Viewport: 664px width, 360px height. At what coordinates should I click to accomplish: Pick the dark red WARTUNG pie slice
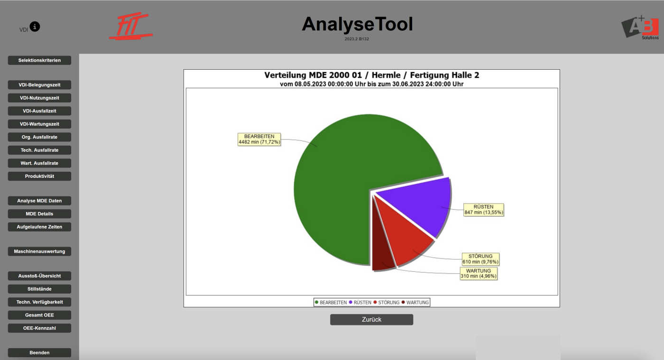click(381, 252)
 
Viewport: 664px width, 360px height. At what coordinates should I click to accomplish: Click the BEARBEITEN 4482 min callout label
click(259, 139)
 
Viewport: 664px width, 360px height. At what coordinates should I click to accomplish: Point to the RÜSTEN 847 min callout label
click(483, 209)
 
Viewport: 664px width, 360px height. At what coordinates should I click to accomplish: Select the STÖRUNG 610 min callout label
click(480, 259)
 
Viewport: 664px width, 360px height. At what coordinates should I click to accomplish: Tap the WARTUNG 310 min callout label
click(479, 273)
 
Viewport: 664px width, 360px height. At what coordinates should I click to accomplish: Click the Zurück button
click(371, 319)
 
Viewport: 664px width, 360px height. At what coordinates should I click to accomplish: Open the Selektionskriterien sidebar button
click(39, 60)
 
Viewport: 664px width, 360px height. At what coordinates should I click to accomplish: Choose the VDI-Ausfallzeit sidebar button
click(39, 111)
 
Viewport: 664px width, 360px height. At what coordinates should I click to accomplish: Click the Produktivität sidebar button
click(39, 176)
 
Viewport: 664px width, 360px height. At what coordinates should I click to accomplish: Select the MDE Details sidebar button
click(39, 214)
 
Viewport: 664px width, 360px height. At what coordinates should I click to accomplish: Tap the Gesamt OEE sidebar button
click(39, 315)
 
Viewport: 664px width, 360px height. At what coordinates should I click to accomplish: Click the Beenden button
click(39, 352)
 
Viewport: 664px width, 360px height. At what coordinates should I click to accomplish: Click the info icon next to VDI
click(35, 27)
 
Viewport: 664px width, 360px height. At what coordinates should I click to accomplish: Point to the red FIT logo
click(130, 26)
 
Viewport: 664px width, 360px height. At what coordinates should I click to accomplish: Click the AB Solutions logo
click(640, 28)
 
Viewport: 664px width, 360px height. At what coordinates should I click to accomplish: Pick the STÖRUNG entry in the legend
click(386, 302)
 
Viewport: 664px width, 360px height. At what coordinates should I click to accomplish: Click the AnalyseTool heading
click(357, 24)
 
